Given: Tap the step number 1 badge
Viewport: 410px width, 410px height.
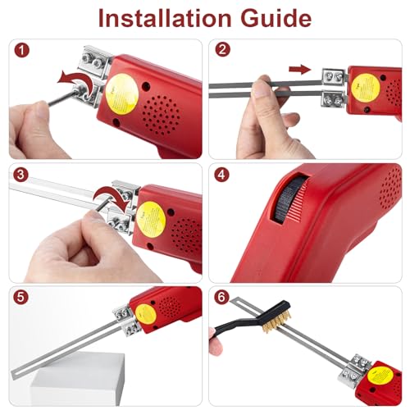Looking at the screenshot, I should pyautogui.click(x=19, y=50).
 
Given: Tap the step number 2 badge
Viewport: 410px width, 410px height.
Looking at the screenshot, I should pyautogui.click(x=221, y=50).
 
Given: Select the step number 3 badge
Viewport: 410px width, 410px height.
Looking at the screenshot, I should pyautogui.click(x=19, y=175).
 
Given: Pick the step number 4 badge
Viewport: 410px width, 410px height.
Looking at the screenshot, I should pyautogui.click(x=221, y=175).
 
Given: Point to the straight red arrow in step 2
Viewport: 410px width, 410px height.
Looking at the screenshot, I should pyautogui.click(x=302, y=70).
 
